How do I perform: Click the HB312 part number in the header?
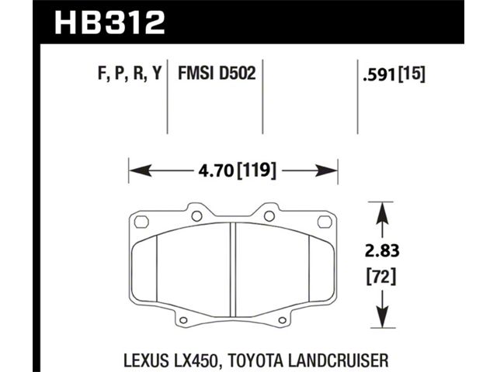pyautogui.click(x=109, y=22)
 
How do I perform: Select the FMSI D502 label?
pyautogui.click(x=217, y=74)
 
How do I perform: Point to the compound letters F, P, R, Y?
pyautogui.click(x=130, y=74)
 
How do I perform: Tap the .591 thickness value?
pyautogui.click(x=380, y=75)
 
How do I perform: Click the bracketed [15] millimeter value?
pyautogui.click(x=412, y=75)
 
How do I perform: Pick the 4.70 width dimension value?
pyautogui.click(x=216, y=170)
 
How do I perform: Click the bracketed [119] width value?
pyautogui.click(x=256, y=170)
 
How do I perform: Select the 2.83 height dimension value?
pyautogui.click(x=382, y=251)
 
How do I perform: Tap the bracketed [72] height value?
pyautogui.click(x=381, y=277)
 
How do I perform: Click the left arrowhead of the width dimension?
pyautogui.click(x=140, y=170)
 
